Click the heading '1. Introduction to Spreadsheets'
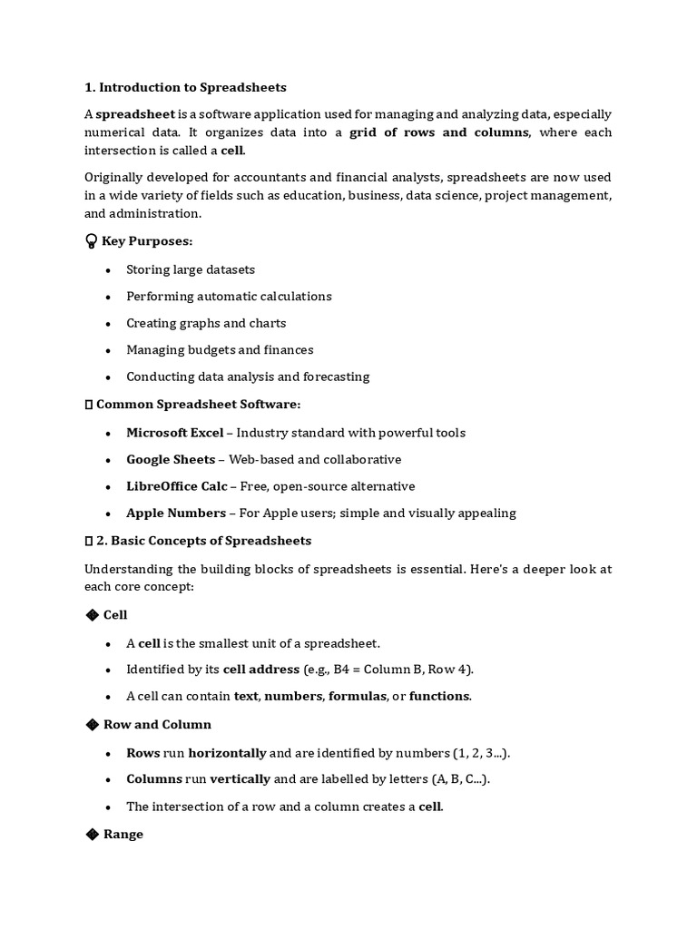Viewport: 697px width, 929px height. click(x=185, y=87)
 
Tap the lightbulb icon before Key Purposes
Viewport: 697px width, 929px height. click(x=91, y=242)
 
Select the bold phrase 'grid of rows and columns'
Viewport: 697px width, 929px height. click(x=439, y=132)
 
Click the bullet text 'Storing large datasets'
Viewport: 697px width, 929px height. click(x=191, y=269)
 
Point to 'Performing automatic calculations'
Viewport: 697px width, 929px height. click(x=229, y=297)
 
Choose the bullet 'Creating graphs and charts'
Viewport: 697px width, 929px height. click(x=206, y=323)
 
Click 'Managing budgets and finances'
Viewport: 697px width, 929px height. click(x=220, y=350)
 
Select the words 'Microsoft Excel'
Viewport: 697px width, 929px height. click(x=174, y=433)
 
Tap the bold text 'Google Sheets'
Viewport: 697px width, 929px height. click(x=171, y=460)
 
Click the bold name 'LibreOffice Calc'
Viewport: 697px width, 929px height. click(x=176, y=486)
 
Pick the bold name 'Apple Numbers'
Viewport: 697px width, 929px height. click(x=176, y=513)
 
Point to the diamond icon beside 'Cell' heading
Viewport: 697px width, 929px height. click(x=92, y=615)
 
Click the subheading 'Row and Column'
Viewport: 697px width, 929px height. click(x=157, y=725)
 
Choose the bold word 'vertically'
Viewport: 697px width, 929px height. click(x=240, y=779)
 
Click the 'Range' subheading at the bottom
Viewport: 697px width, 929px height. click(x=123, y=835)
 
